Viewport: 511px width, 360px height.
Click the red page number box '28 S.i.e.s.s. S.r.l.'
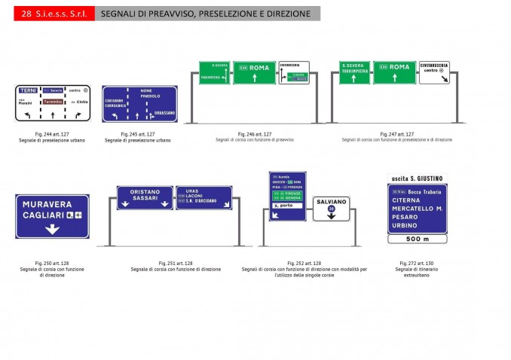point(54,14)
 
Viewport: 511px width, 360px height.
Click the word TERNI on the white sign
point(29,90)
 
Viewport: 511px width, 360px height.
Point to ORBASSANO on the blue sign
point(164,113)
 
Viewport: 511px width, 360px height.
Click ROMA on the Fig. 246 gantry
point(259,68)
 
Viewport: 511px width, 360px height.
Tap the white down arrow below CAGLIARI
point(51,228)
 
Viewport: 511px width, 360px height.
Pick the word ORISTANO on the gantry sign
point(145,191)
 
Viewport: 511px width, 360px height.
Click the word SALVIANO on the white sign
point(332,203)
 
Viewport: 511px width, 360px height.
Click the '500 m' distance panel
point(417,239)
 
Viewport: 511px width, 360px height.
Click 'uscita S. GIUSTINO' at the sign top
point(417,178)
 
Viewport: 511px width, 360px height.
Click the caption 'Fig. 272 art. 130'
point(417,264)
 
